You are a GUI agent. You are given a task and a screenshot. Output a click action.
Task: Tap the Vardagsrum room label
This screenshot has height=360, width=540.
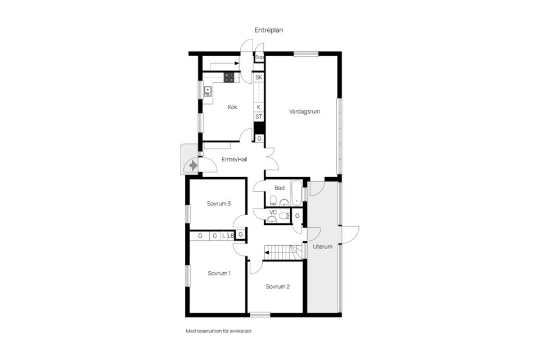click(304, 111)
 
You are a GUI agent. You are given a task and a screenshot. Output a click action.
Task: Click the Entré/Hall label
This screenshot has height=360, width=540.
click(234, 160)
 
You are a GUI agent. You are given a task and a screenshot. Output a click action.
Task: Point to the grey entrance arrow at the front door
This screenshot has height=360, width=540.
click(193, 165)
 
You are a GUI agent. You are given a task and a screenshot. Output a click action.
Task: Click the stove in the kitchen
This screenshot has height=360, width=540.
click(229, 78)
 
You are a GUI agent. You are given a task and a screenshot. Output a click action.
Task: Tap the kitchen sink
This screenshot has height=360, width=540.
click(208, 90)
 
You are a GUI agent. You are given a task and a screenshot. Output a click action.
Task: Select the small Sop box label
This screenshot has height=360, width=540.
click(259, 57)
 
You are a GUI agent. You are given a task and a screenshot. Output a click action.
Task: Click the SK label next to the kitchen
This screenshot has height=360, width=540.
click(259, 77)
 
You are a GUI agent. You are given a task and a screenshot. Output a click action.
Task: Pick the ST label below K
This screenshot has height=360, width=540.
click(259, 116)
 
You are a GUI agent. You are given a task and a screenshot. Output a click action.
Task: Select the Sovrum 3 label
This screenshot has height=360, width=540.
click(219, 204)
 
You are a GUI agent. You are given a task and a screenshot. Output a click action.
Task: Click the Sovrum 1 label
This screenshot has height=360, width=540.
click(219, 273)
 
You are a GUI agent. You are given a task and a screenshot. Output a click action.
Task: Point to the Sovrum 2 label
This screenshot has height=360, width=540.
click(278, 286)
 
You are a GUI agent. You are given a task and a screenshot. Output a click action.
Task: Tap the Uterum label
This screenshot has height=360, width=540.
click(323, 246)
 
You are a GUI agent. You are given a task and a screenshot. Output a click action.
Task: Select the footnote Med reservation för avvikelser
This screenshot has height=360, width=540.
click(219, 331)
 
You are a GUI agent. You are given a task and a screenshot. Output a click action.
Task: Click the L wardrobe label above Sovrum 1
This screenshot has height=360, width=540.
click(223, 236)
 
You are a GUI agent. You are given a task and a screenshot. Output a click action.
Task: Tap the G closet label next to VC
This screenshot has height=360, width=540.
click(298, 216)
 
